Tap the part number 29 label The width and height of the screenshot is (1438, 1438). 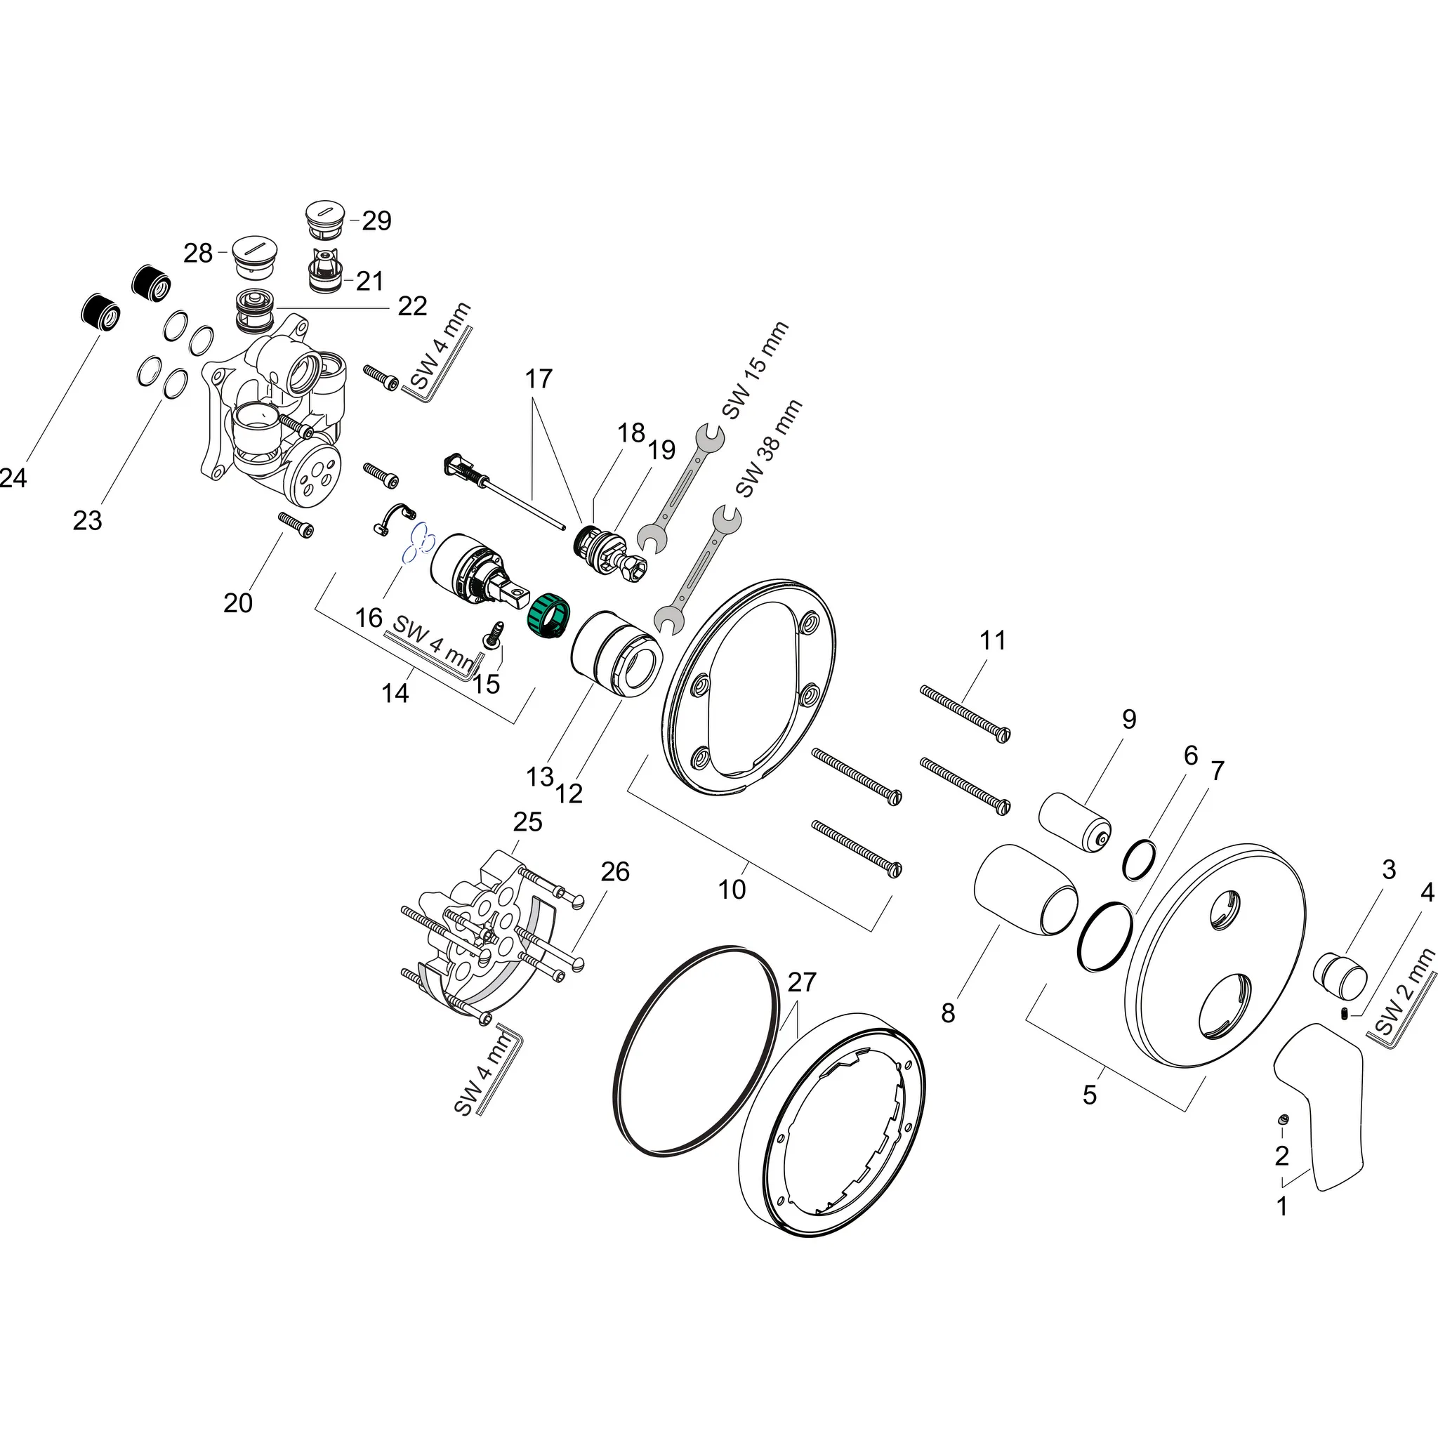(376, 220)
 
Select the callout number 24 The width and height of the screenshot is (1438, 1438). (13, 478)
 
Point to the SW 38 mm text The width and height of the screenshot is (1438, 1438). (768, 448)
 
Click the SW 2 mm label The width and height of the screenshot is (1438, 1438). (1404, 993)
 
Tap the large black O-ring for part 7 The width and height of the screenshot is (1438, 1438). (1104, 937)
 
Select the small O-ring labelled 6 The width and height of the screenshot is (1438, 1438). (1139, 859)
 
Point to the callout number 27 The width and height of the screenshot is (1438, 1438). (802, 982)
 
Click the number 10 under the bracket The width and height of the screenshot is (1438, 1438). (732, 889)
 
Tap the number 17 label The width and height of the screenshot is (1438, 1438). (539, 379)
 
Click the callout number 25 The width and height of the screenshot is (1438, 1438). (528, 822)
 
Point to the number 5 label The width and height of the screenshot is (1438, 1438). (1090, 1094)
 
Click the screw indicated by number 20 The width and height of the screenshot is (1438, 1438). (296, 525)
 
